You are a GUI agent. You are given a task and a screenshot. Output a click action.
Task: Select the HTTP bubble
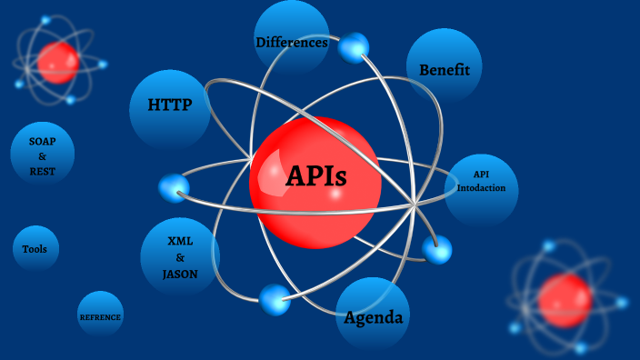170,105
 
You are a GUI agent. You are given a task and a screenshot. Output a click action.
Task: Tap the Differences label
291,42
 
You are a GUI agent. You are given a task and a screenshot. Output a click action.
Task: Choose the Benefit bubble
445,69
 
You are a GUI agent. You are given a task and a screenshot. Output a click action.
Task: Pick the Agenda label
374,317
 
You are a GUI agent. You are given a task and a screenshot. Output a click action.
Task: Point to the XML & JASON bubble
181,258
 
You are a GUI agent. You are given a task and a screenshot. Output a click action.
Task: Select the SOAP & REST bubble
43,155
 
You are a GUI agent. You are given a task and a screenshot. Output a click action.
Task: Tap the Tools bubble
35,249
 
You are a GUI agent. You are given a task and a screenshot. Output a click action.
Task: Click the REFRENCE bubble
100,315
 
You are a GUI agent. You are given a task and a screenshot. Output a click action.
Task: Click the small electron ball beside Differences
354,47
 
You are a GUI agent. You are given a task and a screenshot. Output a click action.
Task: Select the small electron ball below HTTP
174,188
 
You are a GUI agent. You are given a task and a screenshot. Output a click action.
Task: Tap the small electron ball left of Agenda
275,299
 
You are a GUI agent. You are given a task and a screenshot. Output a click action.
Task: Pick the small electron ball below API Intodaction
437,249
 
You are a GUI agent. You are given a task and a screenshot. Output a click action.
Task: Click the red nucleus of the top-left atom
58,62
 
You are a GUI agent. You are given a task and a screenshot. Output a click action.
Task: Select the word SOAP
43,142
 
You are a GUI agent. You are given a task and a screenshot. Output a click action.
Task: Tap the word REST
43,171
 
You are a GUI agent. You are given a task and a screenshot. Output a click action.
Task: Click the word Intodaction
481,188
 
